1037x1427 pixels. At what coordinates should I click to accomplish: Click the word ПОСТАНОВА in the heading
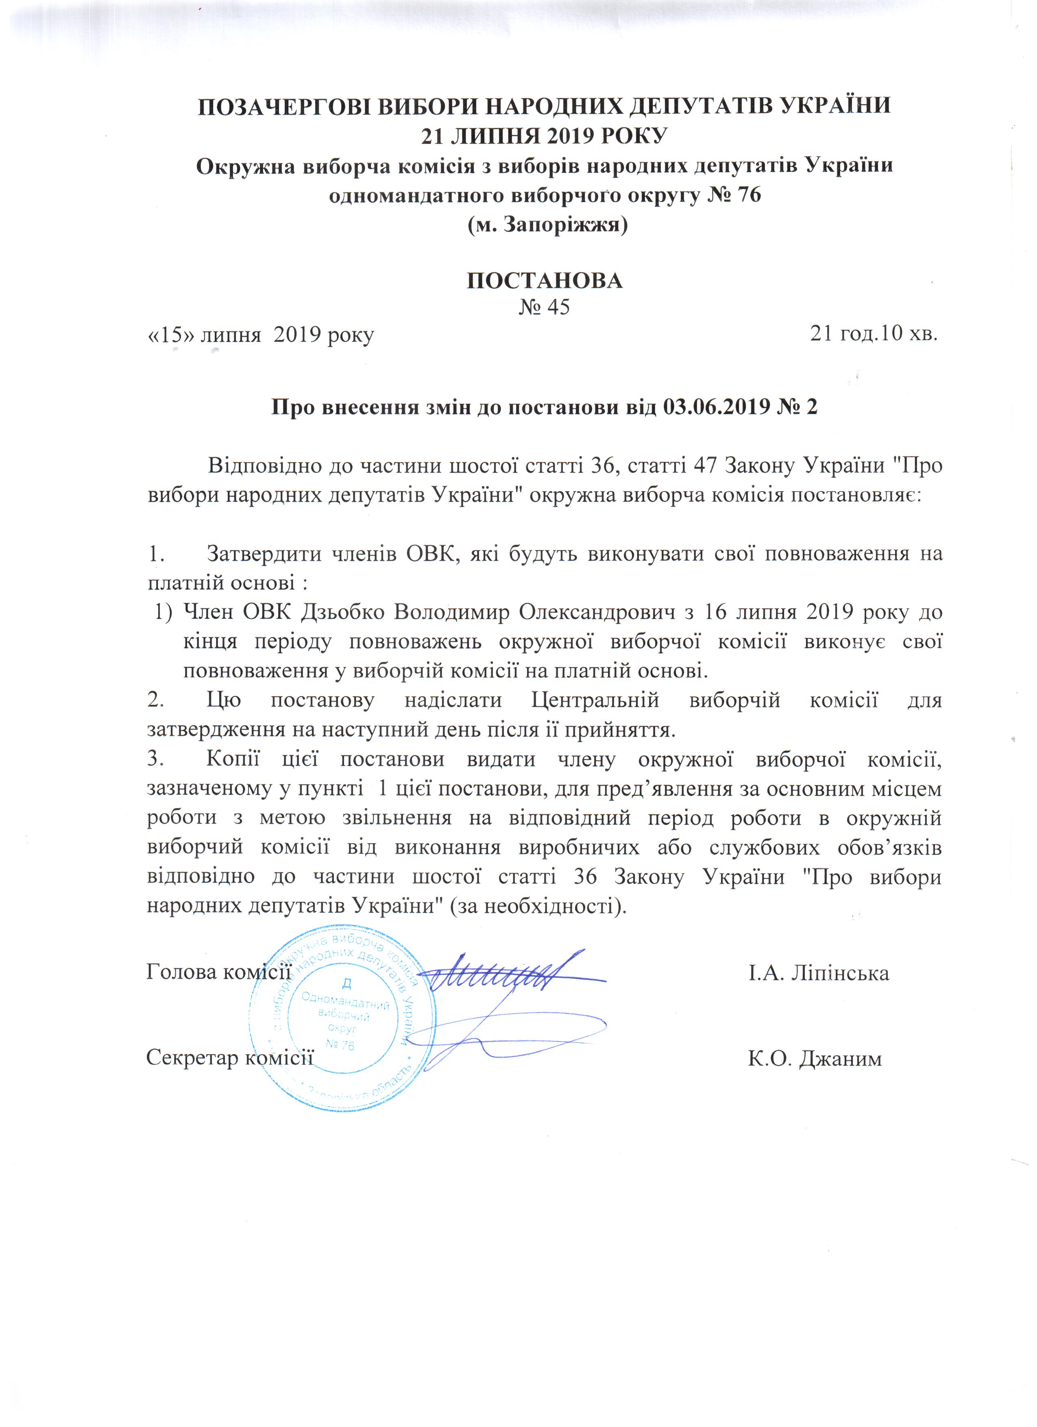click(544, 280)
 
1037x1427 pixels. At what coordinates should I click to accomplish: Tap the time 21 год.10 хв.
click(874, 334)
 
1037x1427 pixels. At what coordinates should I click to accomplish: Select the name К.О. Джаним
click(815, 1058)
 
